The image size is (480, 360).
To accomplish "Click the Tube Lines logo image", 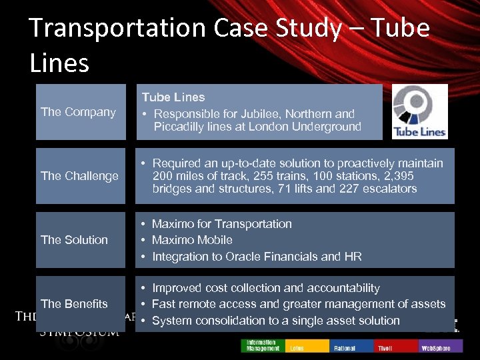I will [x=420, y=111].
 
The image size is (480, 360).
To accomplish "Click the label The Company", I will [x=78, y=112].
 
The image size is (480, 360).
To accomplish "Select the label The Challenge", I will [x=79, y=176].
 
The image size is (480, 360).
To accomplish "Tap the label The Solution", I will [x=74, y=240].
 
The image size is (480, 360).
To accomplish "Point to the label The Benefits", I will [x=74, y=304].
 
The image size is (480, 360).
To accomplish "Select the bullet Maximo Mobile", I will [x=192, y=240].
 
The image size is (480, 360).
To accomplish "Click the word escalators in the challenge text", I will [x=388, y=189].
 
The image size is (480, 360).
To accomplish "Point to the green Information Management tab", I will [x=263, y=345].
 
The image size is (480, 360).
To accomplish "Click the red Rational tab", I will [x=351, y=346].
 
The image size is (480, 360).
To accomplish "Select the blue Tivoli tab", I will [x=397, y=346].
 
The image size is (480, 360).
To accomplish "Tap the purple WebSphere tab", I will [x=437, y=346].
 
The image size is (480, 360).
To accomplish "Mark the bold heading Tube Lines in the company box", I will [x=173, y=97].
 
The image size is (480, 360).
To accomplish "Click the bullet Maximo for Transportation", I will [x=221, y=224].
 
